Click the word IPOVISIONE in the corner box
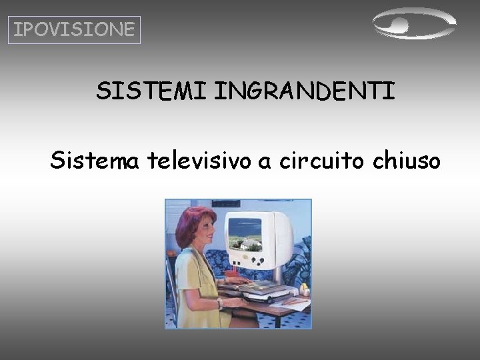click(x=74, y=30)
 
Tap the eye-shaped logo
click(x=413, y=25)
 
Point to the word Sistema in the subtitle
click(x=94, y=160)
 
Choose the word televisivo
click(x=200, y=160)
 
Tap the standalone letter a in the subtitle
click(x=266, y=162)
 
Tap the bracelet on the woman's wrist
click(x=219, y=303)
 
